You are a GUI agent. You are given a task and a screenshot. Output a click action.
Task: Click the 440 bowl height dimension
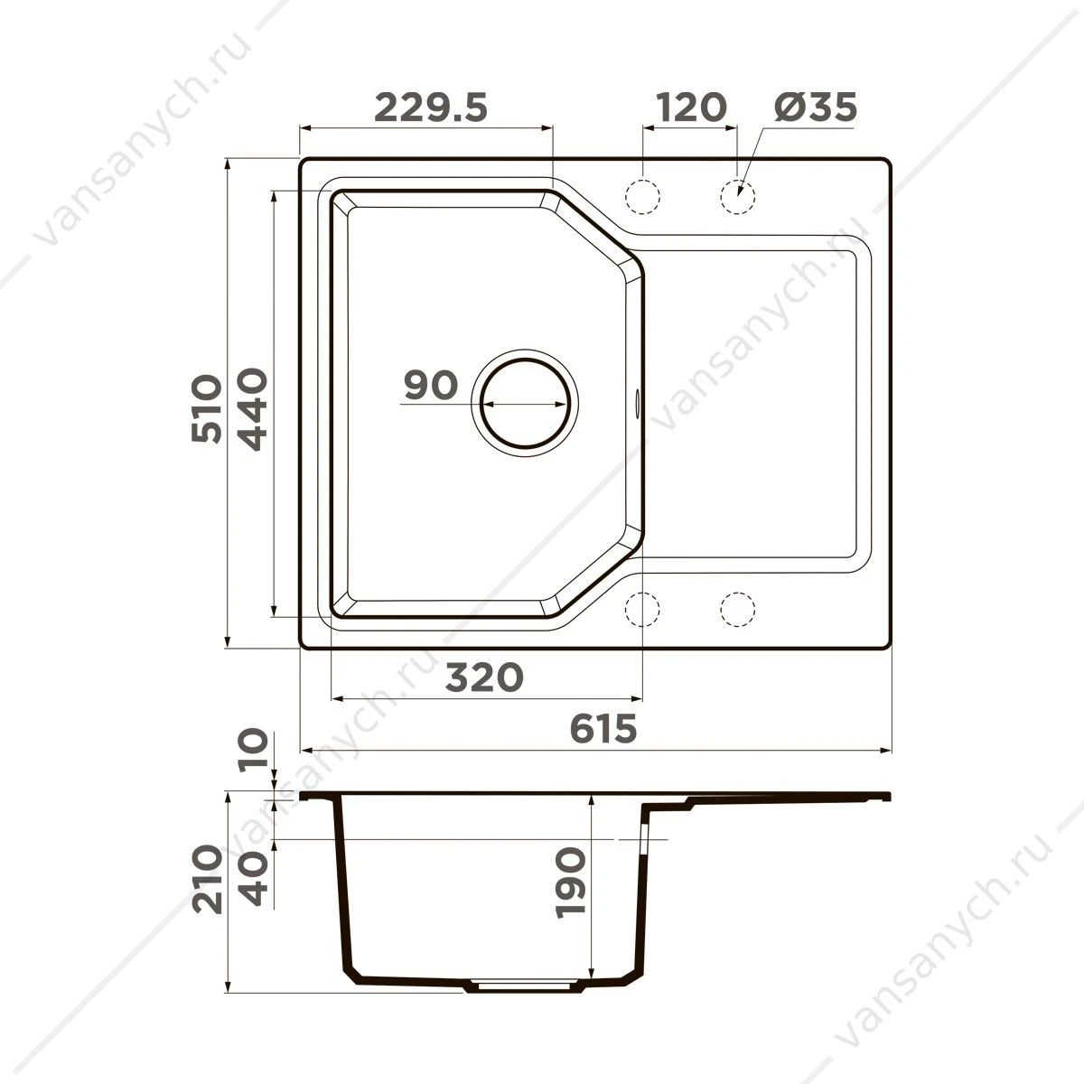click(251, 409)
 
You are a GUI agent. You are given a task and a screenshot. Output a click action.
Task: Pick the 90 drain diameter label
click(431, 386)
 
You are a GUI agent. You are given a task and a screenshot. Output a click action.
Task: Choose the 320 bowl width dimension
click(484, 677)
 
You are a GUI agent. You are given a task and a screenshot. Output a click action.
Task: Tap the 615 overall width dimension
click(603, 729)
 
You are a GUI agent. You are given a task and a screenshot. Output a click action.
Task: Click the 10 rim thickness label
click(253, 749)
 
